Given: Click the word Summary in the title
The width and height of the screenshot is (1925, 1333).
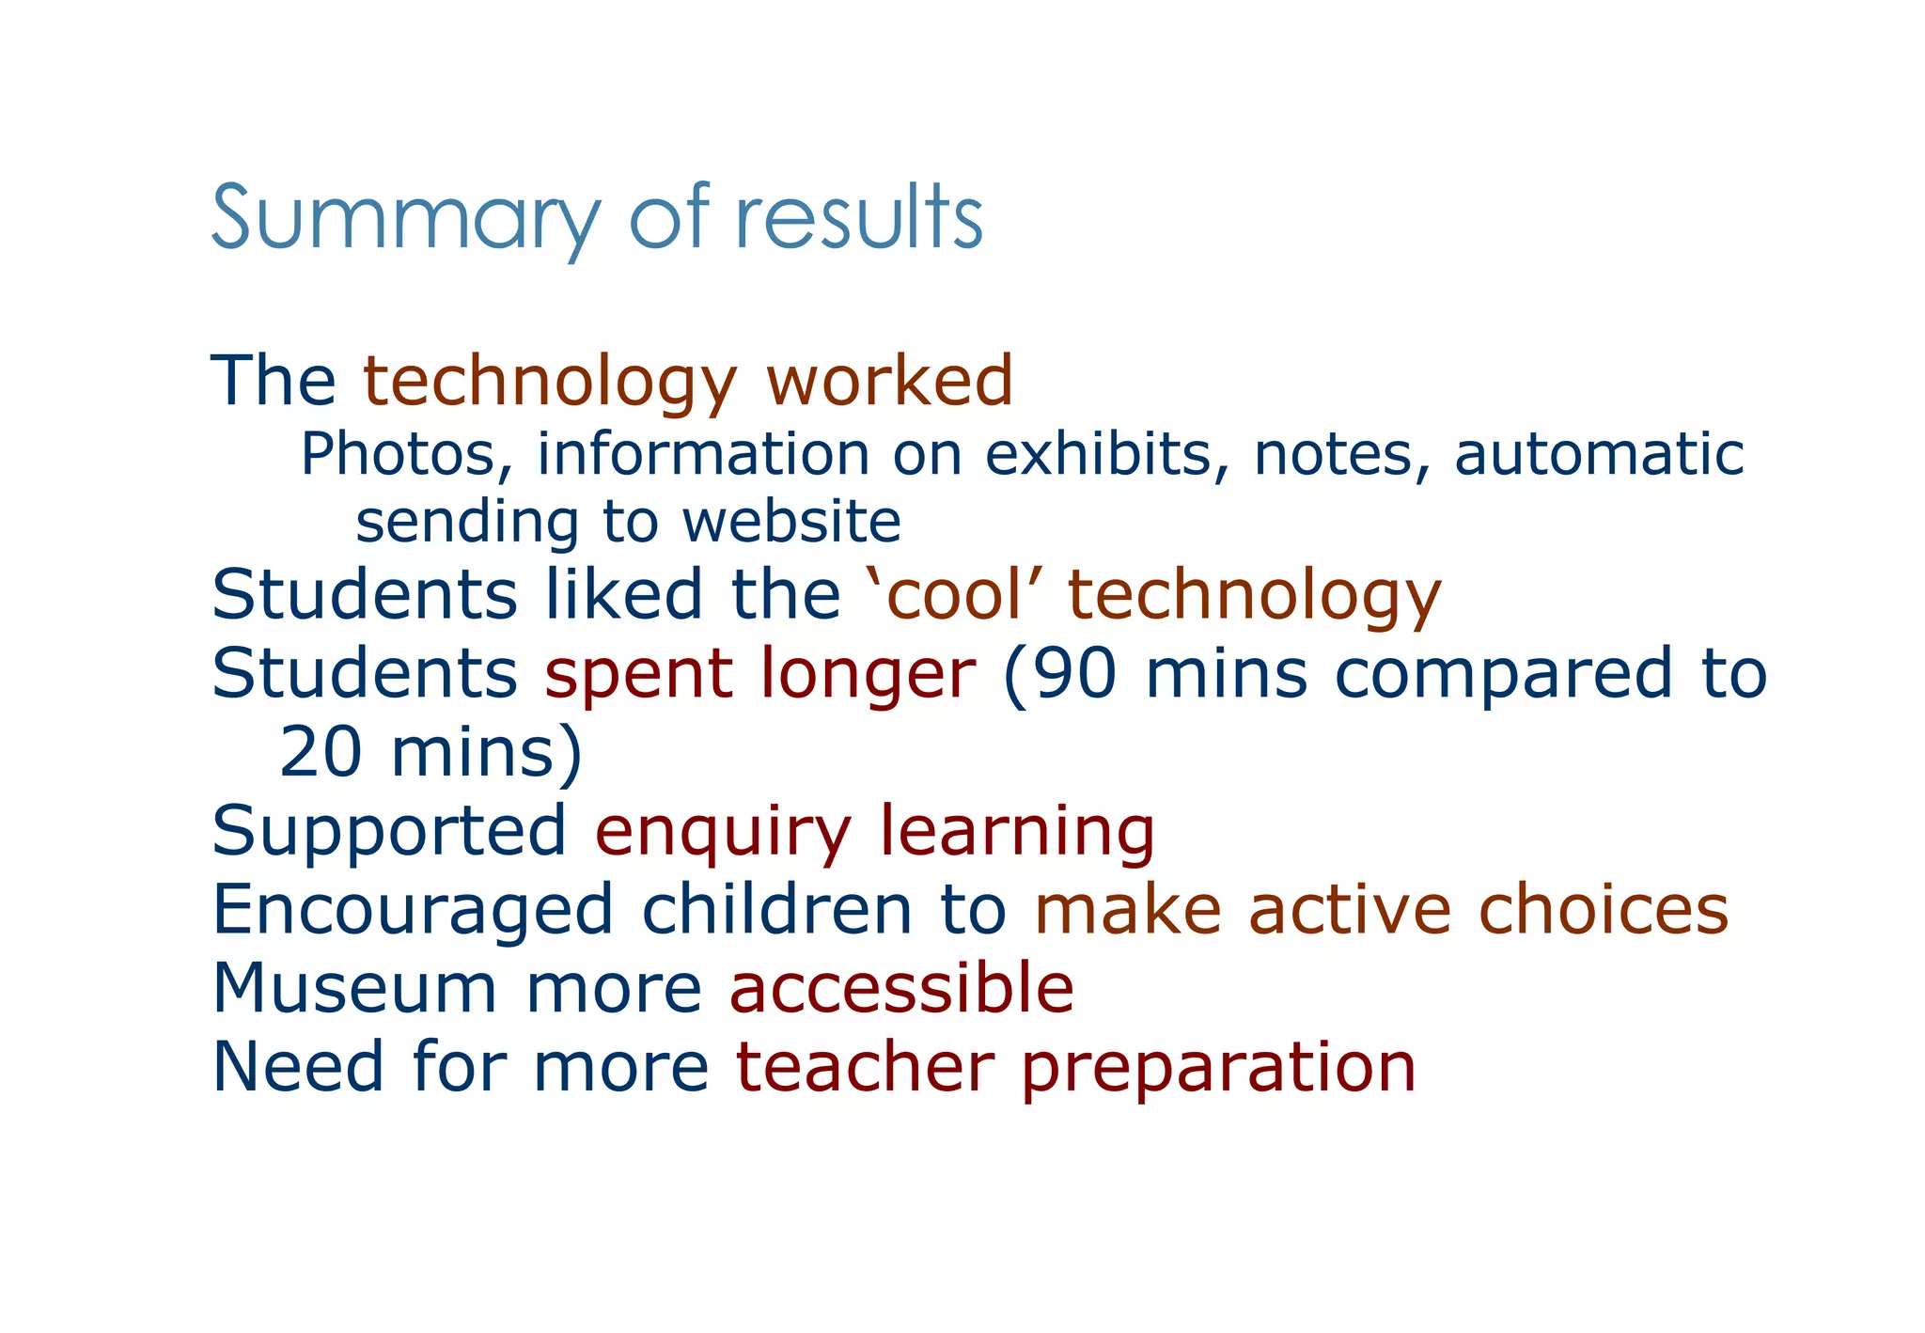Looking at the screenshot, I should tap(405, 218).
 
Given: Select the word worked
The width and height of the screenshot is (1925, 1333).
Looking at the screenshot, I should tap(889, 381).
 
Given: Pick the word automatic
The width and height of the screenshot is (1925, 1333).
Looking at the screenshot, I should tap(1599, 454).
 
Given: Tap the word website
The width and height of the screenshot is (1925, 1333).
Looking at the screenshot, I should tap(791, 522).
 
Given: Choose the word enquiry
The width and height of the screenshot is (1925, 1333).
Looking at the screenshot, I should tap(722, 832).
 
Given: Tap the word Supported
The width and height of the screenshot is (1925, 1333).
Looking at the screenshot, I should tap(389, 832).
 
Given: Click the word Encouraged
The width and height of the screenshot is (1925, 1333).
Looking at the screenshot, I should tap(413, 910).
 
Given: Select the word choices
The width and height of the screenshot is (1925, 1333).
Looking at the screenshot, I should tap(1603, 910).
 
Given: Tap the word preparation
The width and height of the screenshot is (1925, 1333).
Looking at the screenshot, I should tap(1218, 1069).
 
